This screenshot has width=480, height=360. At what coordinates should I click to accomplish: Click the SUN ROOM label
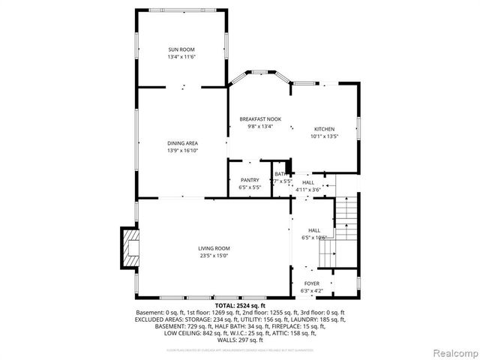[x=182, y=50]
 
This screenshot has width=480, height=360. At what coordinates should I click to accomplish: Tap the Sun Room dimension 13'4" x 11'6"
[x=182, y=58]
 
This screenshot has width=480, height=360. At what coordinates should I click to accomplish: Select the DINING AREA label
[x=182, y=142]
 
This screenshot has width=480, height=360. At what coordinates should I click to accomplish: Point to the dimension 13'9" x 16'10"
[x=182, y=150]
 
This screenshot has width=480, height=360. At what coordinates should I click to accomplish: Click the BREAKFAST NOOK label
[x=260, y=119]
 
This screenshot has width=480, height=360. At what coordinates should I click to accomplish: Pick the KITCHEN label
[x=324, y=129]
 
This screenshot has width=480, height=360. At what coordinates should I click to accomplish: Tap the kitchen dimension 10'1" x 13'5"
[x=324, y=136]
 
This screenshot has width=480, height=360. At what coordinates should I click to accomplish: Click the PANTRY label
[x=250, y=180]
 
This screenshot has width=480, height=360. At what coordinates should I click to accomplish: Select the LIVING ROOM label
[x=214, y=248]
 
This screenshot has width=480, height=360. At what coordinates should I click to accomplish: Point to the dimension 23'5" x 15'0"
[x=214, y=256]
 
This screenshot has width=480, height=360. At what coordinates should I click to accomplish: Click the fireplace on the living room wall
[x=129, y=248]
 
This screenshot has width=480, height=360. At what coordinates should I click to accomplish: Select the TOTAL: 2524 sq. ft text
[x=239, y=306]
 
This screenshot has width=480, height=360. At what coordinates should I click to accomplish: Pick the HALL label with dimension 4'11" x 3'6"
[x=308, y=182]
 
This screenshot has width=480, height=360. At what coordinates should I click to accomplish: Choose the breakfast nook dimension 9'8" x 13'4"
[x=260, y=127]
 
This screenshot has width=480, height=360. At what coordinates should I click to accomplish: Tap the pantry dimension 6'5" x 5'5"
[x=250, y=187]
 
